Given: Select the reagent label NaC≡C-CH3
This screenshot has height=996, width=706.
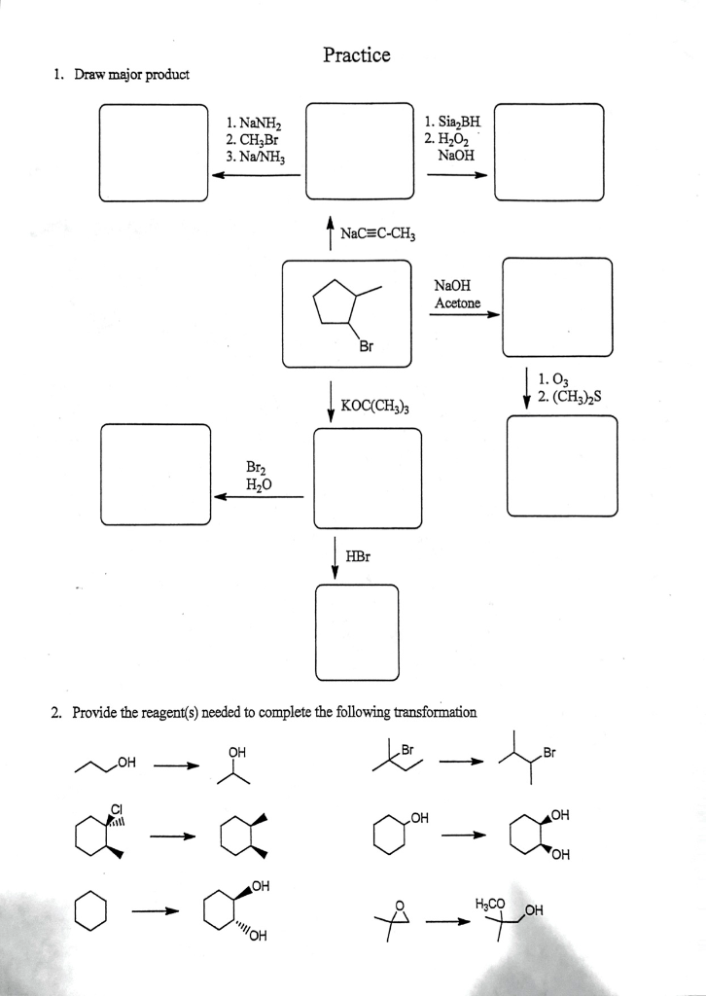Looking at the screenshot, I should tap(378, 233).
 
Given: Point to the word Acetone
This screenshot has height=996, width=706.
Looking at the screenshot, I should tap(457, 303).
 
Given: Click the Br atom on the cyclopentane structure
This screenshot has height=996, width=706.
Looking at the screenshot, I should tap(365, 345).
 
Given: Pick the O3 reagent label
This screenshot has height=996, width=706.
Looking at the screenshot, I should tap(548, 379).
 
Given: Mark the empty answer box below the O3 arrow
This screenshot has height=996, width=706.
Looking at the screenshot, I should tap(562, 466).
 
